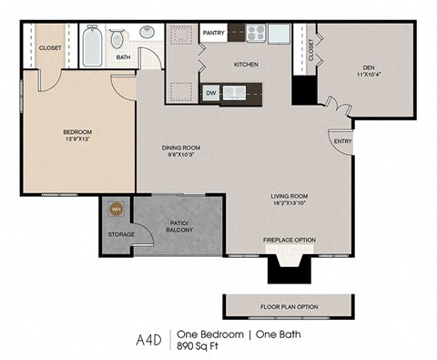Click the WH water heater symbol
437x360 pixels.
pos(116,209)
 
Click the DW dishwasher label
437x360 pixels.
pos(210,92)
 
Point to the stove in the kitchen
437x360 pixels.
pos(255,35)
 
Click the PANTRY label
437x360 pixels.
pos(214,33)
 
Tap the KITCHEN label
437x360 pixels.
pos(246,65)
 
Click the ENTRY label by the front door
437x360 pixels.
pos(342,141)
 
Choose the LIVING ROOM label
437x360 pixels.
pos(290,196)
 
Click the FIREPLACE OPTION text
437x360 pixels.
pos(289,240)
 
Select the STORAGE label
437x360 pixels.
pos(122,234)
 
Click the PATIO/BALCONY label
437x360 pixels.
pos(179,226)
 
